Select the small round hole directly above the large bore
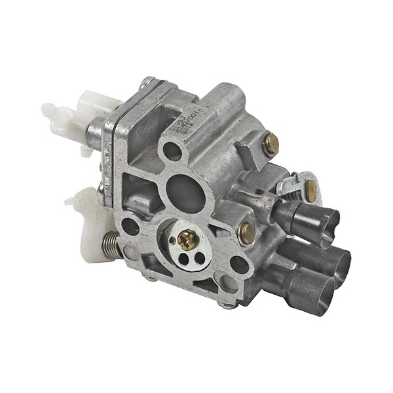click(172, 151)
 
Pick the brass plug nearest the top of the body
click(271, 144)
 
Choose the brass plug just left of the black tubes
click(247, 233)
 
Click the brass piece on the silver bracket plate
click(310, 191)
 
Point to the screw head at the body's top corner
click(147, 83)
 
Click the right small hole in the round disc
click(198, 257)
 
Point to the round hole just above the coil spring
click(130, 227)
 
